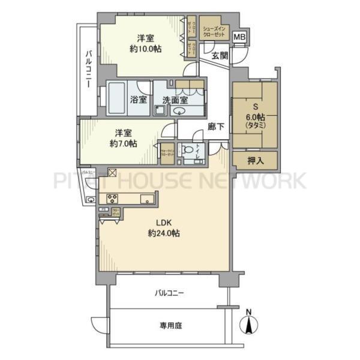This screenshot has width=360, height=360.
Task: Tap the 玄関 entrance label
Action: [x=219, y=56]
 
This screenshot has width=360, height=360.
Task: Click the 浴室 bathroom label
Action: [x=139, y=99]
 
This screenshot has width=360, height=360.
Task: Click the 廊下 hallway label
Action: [x=216, y=127]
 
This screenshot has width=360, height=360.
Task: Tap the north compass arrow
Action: [x=247, y=324]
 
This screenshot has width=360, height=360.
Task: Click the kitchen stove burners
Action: [x=113, y=198]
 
